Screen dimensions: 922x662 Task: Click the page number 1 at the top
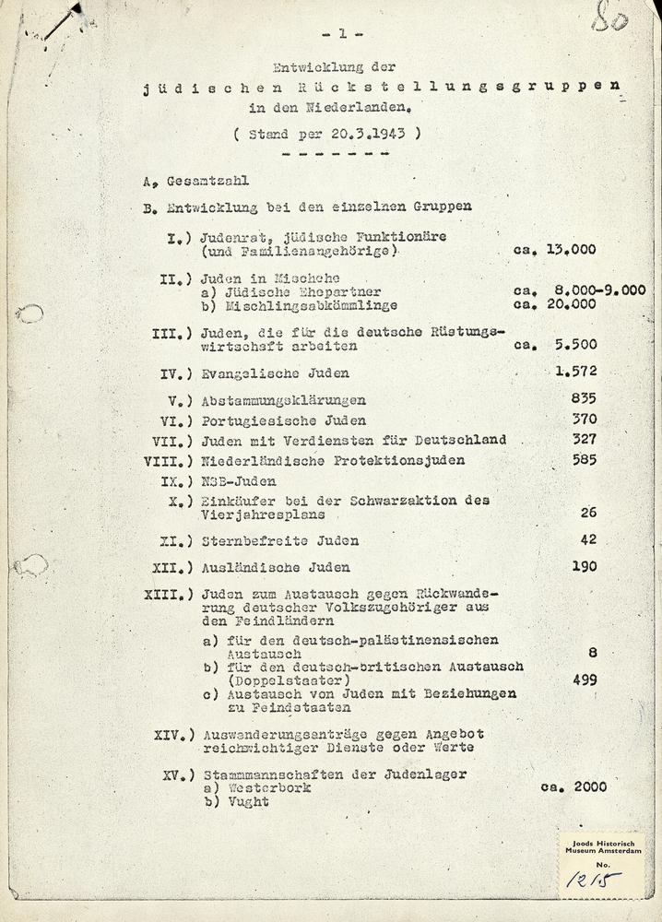point(342,35)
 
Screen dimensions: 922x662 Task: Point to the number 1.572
point(576,372)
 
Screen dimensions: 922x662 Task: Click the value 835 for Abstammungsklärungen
point(584,398)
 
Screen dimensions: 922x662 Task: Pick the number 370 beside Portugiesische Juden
point(584,419)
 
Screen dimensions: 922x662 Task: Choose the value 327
point(584,439)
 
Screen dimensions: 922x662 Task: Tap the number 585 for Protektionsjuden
point(584,459)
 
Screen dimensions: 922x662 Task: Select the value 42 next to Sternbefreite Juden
point(588,539)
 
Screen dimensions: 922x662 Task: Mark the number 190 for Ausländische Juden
point(584,566)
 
